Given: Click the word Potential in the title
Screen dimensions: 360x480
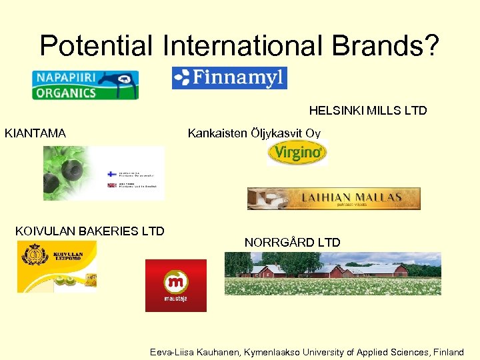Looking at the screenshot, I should [x=96, y=45].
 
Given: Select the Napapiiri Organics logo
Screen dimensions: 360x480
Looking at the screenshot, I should [x=85, y=85].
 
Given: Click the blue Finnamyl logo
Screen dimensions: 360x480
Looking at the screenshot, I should [x=229, y=78].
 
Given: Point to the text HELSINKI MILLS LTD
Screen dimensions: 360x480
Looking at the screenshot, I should [x=367, y=111].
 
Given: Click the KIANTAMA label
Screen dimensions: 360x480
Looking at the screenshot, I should [x=35, y=133].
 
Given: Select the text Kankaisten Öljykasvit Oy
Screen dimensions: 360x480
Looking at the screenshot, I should [x=254, y=133].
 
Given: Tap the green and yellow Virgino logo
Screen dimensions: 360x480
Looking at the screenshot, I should [x=297, y=153].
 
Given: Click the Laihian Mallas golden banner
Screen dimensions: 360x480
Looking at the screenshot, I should [x=333, y=198].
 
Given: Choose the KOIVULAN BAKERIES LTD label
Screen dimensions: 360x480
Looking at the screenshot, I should [x=89, y=231].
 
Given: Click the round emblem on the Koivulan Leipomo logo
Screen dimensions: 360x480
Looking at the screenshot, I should [x=33, y=256].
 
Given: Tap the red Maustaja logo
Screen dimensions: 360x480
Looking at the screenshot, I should [x=176, y=285].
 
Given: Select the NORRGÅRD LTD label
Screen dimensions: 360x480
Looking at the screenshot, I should [x=292, y=243].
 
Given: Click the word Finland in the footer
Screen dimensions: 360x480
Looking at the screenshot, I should [x=448, y=352].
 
